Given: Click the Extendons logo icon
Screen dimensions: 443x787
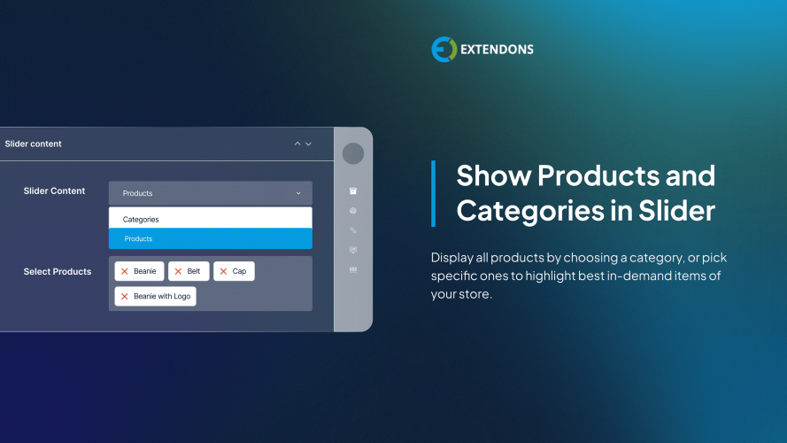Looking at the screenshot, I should click(x=444, y=50).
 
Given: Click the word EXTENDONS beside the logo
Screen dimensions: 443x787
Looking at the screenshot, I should click(x=497, y=50).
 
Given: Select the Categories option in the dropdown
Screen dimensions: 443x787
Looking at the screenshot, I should click(x=141, y=219).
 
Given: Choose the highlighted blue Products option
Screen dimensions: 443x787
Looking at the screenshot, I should click(x=138, y=238).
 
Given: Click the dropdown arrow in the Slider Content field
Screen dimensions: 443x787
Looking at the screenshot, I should click(x=298, y=193).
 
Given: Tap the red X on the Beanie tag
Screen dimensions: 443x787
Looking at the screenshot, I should click(x=124, y=271).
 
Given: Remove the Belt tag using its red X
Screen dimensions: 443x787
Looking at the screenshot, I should click(x=177, y=271).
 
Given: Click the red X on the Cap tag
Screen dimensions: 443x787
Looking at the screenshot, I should click(x=223, y=271).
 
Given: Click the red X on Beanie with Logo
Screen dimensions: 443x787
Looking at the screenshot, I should click(x=124, y=296).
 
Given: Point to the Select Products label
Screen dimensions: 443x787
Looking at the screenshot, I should click(x=58, y=271).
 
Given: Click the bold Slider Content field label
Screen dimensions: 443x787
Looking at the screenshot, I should click(x=54, y=190).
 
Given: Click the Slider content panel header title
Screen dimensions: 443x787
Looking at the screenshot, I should click(x=34, y=144).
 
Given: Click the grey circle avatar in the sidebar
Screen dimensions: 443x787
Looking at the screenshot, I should click(x=353, y=153).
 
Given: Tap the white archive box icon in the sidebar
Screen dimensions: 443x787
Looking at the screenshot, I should click(x=353, y=190).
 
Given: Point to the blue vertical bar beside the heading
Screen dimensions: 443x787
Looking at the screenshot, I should click(x=433, y=193).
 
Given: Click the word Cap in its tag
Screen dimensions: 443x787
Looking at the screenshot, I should click(x=239, y=271).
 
